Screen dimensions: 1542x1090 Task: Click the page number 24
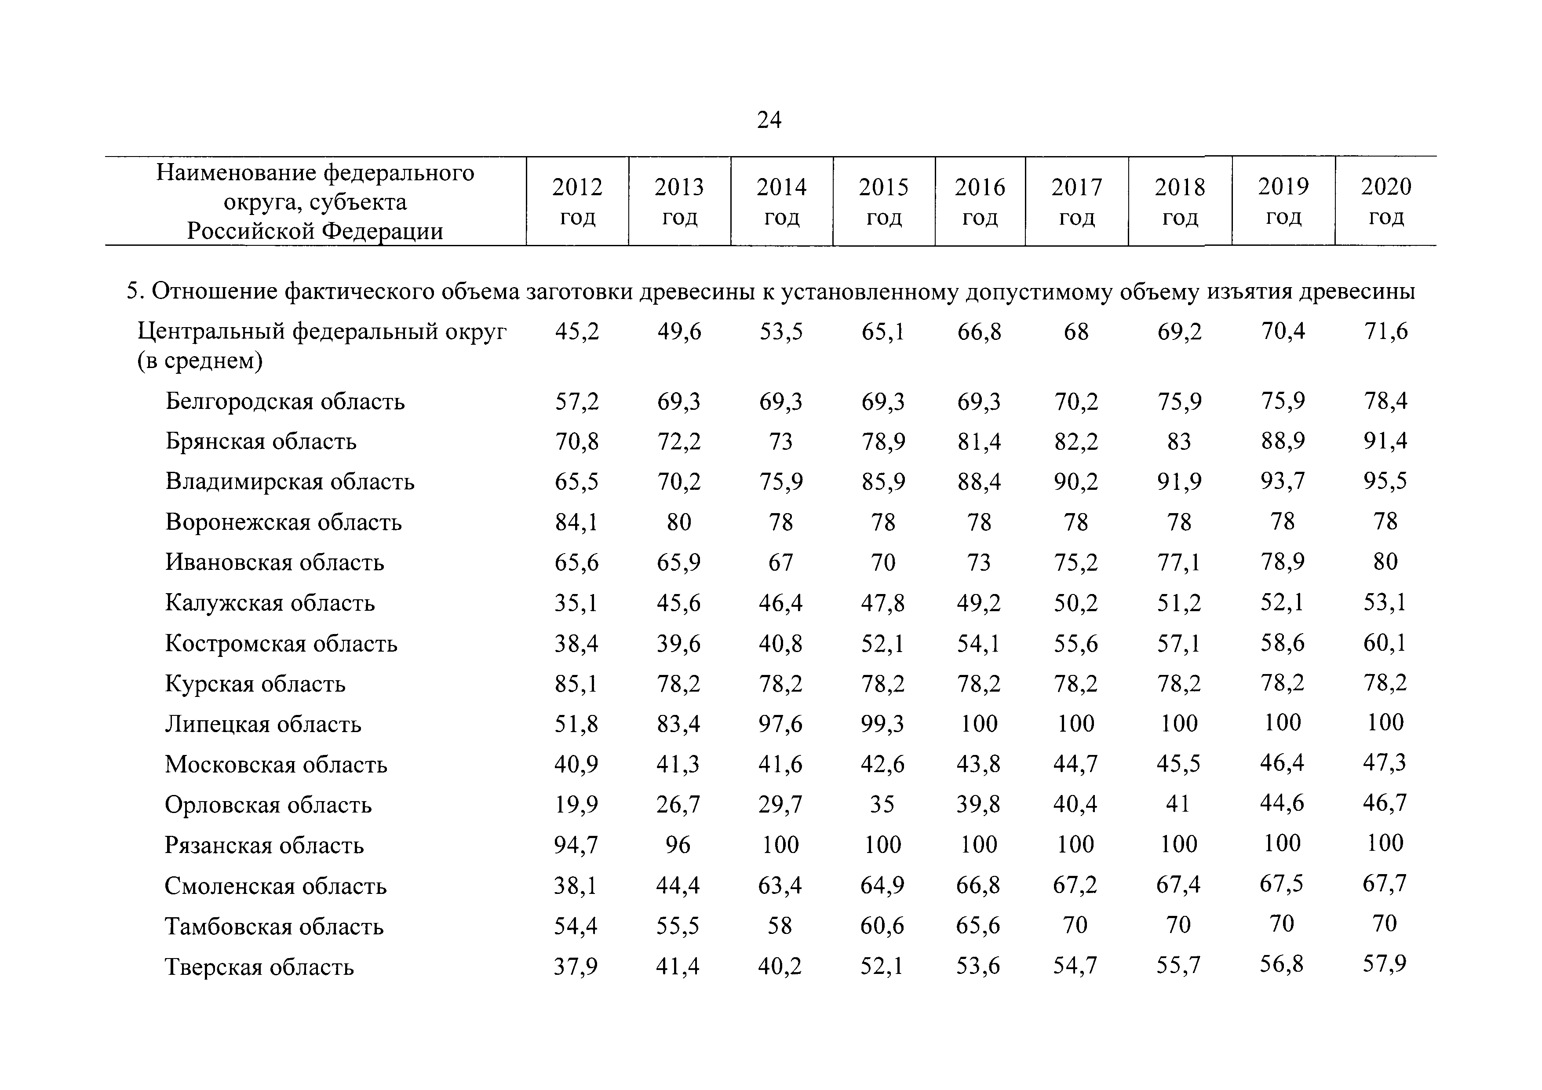[x=769, y=120]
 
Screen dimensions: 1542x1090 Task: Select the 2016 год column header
[x=980, y=201]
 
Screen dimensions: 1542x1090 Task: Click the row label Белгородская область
[x=285, y=401]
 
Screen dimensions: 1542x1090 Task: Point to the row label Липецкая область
[x=263, y=724]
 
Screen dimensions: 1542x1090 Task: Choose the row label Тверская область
[x=259, y=966]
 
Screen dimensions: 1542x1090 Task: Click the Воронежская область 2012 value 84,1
[x=576, y=522]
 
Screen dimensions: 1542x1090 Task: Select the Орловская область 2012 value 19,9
[x=576, y=804]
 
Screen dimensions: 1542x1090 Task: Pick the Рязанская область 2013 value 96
[x=678, y=844]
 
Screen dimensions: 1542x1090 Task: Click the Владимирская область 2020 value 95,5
[x=1385, y=481]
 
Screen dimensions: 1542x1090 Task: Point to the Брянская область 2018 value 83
[x=1179, y=441]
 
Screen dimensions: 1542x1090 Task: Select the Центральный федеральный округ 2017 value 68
[x=1076, y=332]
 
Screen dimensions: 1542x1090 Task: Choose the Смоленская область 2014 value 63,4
[x=780, y=885]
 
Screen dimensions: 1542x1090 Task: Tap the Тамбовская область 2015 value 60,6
[x=882, y=926]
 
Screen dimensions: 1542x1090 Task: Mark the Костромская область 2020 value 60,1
[x=1385, y=643]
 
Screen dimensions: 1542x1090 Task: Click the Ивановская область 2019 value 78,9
[x=1283, y=561]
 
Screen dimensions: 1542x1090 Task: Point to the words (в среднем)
[x=200, y=361]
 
